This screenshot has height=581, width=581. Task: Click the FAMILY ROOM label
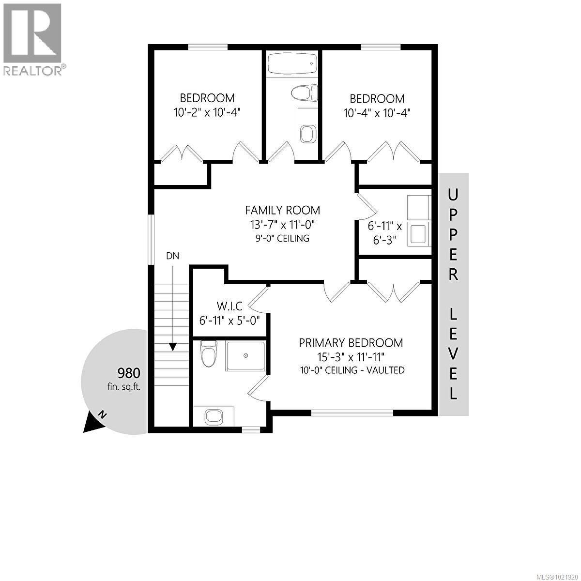(x=282, y=210)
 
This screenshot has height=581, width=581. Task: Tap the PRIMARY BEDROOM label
(x=351, y=343)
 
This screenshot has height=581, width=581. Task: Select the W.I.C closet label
(x=229, y=306)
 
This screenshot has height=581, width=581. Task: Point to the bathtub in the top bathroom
(x=292, y=63)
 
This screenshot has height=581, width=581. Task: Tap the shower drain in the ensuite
(x=245, y=355)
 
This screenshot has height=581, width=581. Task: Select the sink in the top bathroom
(x=307, y=133)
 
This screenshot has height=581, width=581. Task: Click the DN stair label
(x=172, y=256)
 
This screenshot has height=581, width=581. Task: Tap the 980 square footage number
(x=129, y=373)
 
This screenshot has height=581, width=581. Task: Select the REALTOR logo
(x=32, y=39)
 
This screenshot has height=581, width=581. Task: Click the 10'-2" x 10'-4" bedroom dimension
(x=207, y=112)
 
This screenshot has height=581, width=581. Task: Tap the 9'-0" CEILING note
(x=282, y=238)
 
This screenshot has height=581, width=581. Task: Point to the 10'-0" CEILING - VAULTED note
(x=351, y=370)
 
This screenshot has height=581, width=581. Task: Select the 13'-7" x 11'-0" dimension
(x=282, y=225)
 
